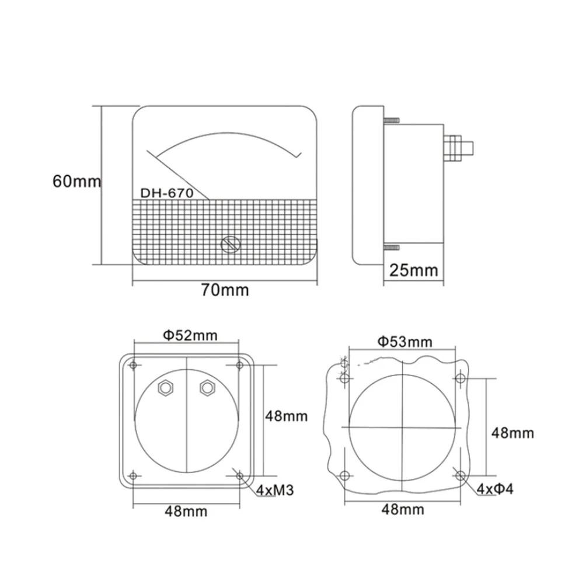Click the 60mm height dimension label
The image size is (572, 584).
[x=76, y=182]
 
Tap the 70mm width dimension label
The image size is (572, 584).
[x=225, y=290]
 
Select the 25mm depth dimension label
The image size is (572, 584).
[x=413, y=270]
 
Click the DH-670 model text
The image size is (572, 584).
[x=167, y=193]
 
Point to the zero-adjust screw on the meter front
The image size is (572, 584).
[x=231, y=245]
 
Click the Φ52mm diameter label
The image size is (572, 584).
[x=190, y=335]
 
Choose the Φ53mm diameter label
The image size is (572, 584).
[x=405, y=342]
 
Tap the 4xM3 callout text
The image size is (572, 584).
[x=275, y=490]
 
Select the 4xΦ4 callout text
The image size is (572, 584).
[x=495, y=489]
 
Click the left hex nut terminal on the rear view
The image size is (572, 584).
[x=166, y=388]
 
